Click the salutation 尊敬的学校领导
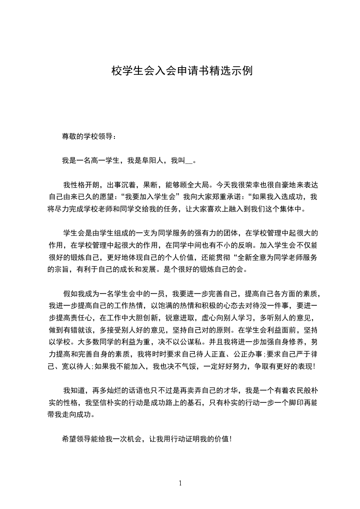point(89,136)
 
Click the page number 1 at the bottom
point(180,483)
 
